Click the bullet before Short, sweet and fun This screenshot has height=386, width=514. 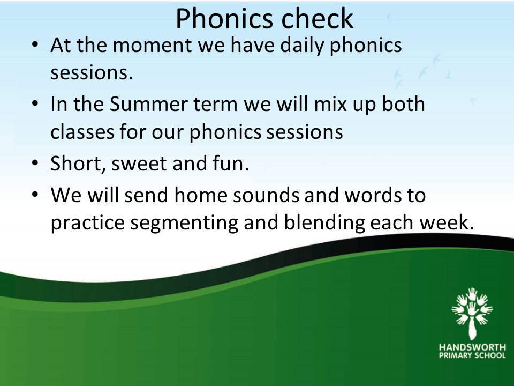click(35, 162)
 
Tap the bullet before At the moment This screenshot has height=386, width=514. click(35, 44)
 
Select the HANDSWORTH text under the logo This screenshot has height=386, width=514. click(472, 347)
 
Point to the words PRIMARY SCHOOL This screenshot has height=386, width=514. click(472, 355)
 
